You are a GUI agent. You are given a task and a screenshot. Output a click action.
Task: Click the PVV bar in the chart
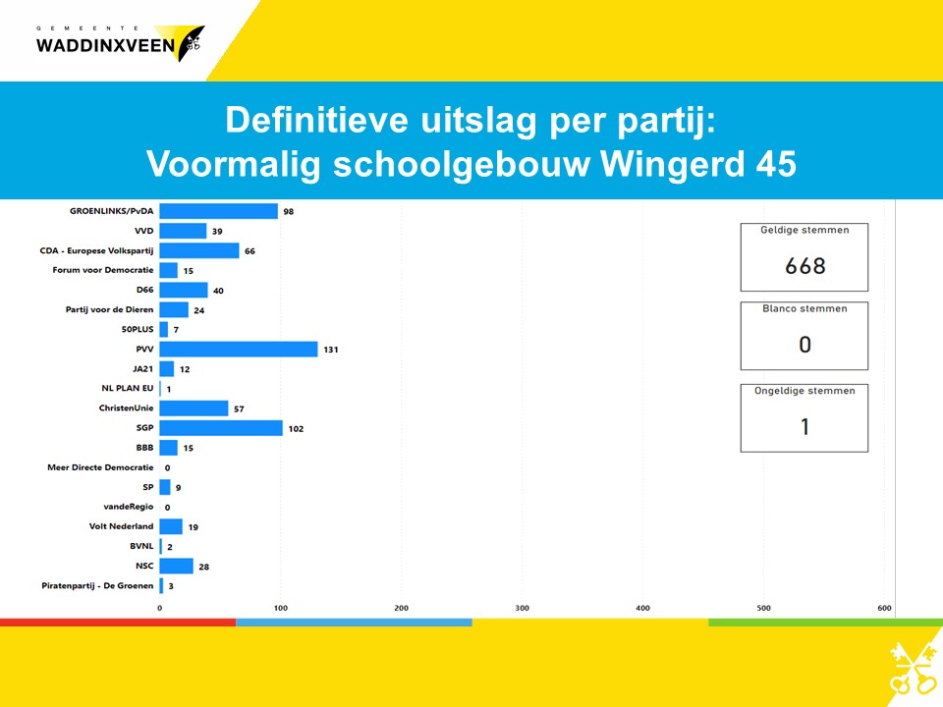coord(238,350)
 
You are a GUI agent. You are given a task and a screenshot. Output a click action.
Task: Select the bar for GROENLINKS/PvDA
coord(218,211)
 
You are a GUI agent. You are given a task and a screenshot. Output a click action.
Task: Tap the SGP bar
coord(221,428)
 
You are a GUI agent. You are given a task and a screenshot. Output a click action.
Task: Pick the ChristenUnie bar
coord(194,408)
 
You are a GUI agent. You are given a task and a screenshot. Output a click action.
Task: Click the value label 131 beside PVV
coord(331,350)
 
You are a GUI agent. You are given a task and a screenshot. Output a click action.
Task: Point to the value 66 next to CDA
coord(250,250)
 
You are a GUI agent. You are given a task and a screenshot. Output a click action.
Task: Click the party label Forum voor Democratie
coord(103,270)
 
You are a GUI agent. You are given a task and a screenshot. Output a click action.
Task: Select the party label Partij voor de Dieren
coord(109,309)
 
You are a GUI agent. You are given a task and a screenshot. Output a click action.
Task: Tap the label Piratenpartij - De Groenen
coord(97,585)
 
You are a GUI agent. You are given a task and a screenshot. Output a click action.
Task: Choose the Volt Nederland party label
coord(121,526)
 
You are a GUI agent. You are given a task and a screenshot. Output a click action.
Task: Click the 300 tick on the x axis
coord(522,608)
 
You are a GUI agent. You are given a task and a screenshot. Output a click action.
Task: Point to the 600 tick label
coord(884,608)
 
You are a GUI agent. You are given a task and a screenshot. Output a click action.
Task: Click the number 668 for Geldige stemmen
coord(805,266)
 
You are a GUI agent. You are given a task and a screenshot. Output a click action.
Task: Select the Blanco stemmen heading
coord(804,308)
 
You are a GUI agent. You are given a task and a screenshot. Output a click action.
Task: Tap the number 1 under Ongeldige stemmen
coord(804,426)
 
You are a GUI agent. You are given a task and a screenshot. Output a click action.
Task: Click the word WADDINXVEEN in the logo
coord(105,46)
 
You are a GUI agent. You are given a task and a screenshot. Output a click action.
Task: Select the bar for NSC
coord(176,567)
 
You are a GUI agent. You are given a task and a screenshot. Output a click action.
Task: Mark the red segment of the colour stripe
coord(118,623)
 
